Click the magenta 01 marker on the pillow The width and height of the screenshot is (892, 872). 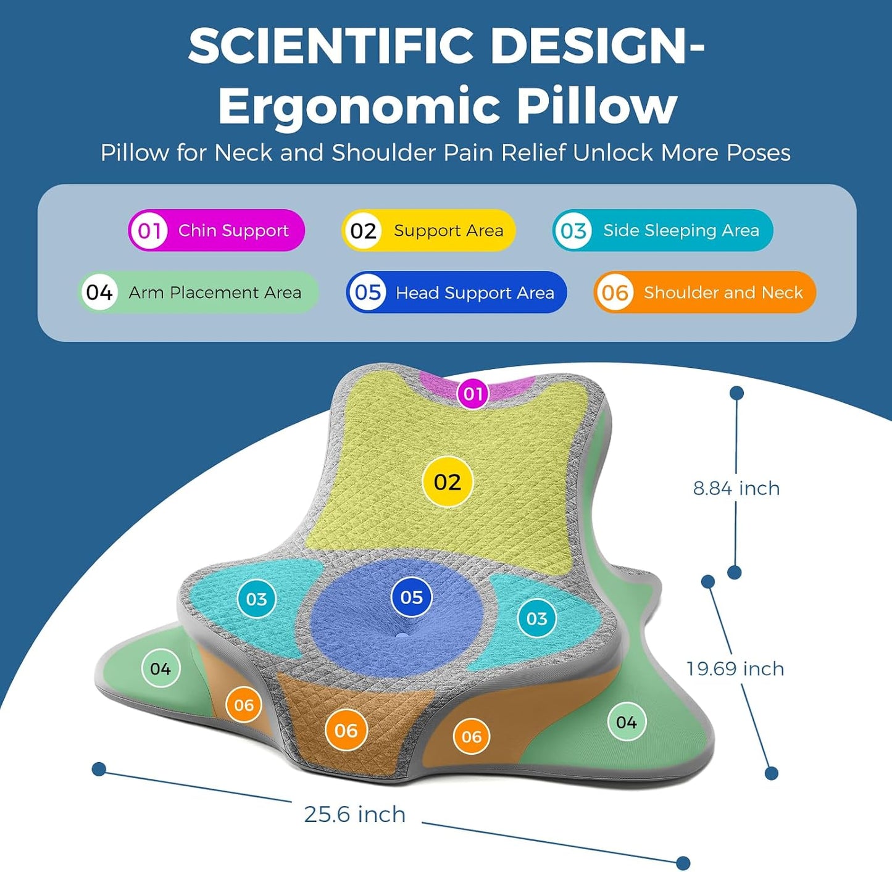point(473,394)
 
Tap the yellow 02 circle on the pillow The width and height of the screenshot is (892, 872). point(447,481)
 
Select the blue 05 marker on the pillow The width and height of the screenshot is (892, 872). point(411,597)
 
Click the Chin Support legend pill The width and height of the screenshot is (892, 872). point(216,230)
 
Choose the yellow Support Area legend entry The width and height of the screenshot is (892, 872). point(428,230)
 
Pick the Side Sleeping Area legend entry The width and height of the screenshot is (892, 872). point(663,230)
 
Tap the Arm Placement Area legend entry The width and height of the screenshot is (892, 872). point(198,293)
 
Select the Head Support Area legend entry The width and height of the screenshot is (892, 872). point(457,293)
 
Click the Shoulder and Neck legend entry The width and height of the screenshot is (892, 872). point(705,293)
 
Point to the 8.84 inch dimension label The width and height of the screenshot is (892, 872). point(736,489)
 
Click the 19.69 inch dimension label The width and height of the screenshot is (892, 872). point(735,669)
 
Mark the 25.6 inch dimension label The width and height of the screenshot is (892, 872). point(355,815)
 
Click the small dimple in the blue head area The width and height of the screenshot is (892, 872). point(401,636)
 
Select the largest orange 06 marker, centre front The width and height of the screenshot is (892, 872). point(346,731)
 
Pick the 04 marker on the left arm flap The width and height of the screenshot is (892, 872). point(160,668)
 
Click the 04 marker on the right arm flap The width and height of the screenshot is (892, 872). point(627,722)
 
